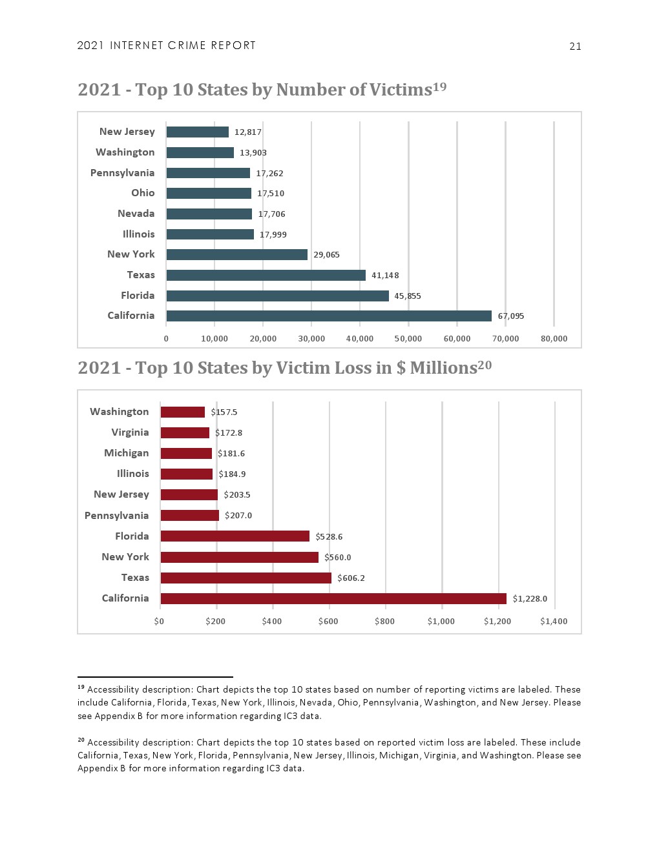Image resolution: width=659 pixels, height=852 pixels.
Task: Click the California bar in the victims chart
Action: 328,316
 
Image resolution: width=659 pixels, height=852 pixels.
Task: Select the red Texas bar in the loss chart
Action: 246,578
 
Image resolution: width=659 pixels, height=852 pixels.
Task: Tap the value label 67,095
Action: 510,316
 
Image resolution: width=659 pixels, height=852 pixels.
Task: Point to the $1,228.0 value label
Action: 530,599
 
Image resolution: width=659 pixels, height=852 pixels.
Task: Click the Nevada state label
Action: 136,214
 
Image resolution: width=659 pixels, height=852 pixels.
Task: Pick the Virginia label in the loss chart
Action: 130,432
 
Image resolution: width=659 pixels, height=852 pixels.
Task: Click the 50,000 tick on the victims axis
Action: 408,339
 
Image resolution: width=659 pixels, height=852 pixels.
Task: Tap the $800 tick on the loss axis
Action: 384,622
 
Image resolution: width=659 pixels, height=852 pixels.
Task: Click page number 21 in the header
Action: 575,46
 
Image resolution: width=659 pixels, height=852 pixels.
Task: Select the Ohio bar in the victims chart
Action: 209,193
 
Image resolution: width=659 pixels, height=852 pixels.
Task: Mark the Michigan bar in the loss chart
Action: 186,453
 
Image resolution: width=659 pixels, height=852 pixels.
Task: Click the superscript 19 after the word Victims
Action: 439,86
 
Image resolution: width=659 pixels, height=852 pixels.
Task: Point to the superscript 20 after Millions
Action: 485,365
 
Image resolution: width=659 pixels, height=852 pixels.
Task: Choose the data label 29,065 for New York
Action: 326,255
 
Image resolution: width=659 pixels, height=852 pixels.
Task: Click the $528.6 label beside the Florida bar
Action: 329,537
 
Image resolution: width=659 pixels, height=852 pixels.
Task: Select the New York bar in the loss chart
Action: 239,557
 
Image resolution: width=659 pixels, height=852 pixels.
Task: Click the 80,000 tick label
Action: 554,339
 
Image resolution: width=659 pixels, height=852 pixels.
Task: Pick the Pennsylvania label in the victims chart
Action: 122,173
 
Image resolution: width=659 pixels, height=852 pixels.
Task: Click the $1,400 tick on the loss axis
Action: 554,622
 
